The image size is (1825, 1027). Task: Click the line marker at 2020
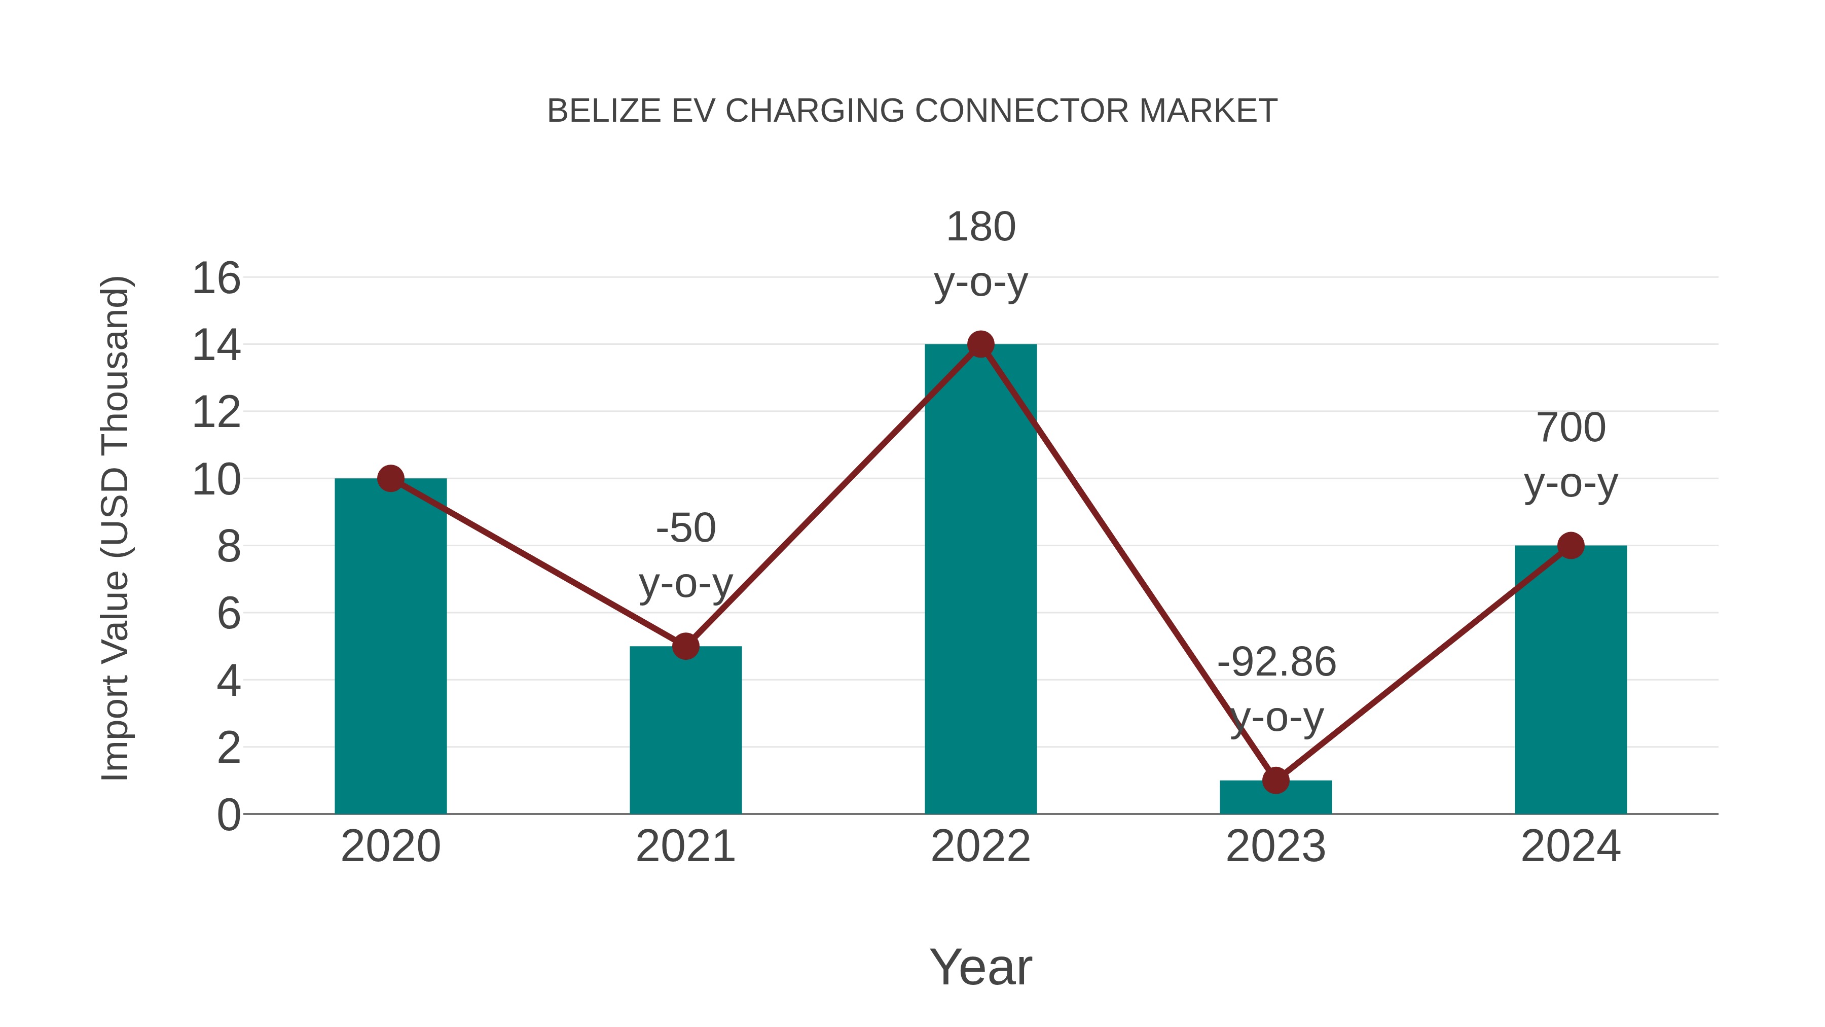point(390,478)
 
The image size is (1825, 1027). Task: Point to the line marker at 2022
point(980,344)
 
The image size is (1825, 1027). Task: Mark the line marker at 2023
point(1275,781)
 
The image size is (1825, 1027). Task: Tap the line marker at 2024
point(1571,545)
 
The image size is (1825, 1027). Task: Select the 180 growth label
point(980,228)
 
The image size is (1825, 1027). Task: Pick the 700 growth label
point(1571,428)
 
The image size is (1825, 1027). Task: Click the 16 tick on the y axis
point(216,278)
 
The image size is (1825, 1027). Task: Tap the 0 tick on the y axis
point(229,815)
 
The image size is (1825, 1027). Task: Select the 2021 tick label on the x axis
point(685,846)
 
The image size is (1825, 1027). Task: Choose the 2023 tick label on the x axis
point(1275,846)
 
